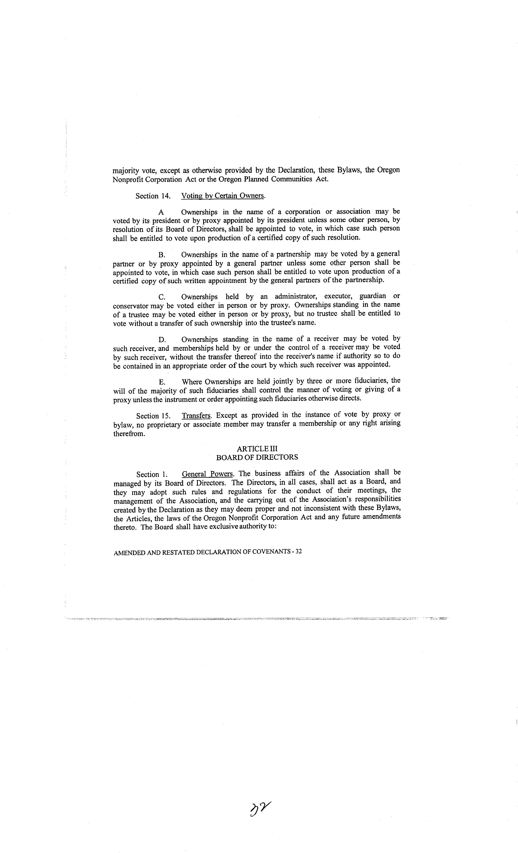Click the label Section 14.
click(153, 196)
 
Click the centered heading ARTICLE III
click(257, 449)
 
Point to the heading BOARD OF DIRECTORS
click(257, 457)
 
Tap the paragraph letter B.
click(161, 255)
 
